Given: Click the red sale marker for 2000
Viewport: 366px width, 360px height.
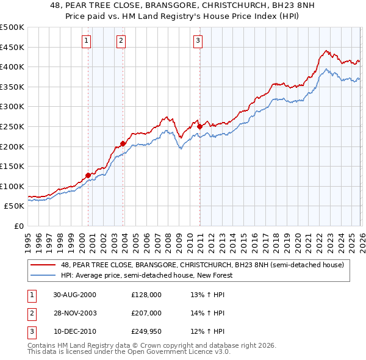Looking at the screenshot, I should pyautogui.click(x=88, y=175).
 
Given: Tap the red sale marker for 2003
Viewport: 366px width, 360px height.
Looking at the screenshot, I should pyautogui.click(x=123, y=144).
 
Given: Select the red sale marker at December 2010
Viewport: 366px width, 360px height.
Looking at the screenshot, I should pyautogui.click(x=199, y=127).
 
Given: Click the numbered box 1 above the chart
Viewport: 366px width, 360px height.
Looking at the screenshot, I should pyautogui.click(x=87, y=41).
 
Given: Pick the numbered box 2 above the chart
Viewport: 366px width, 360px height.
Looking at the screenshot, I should pyautogui.click(x=121, y=41).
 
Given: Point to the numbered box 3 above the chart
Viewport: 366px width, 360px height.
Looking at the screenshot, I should pyautogui.click(x=198, y=41).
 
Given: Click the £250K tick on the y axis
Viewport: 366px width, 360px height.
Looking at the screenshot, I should pyautogui.click(x=12, y=126).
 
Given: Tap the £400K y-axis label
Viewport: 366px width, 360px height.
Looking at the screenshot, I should pyautogui.click(x=12, y=67).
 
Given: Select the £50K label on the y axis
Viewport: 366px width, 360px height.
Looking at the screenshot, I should pyautogui.click(x=14, y=206).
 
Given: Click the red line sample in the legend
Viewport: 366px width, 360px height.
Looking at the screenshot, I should pyautogui.click(x=43, y=265).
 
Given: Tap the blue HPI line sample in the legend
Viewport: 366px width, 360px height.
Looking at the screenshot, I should pyautogui.click(x=43, y=275).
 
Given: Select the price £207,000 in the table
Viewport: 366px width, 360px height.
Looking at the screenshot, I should pyautogui.click(x=146, y=313).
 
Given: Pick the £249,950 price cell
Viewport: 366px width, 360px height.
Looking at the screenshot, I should pyautogui.click(x=146, y=331).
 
